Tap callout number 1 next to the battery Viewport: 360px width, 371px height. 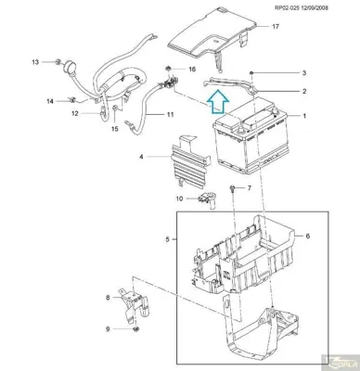[x=301, y=116]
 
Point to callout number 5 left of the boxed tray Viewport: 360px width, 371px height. [x=168, y=238]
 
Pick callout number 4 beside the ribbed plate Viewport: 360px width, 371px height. [x=141, y=158]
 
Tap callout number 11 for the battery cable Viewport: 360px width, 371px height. [x=171, y=115]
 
